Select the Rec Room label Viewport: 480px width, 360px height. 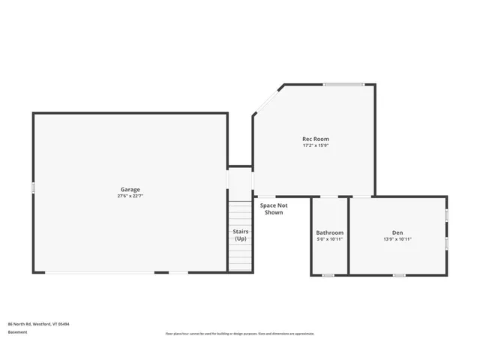click(315, 139)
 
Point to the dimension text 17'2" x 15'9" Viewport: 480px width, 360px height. click(315, 145)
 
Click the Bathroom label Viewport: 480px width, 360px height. click(329, 232)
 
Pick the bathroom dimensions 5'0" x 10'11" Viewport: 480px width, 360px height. click(329, 239)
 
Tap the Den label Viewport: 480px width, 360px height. click(397, 232)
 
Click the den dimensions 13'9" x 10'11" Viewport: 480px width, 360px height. click(397, 239)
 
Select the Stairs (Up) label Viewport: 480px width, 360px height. click(240, 235)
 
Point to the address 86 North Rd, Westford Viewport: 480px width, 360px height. click(39, 324)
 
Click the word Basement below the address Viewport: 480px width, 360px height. click(17, 331)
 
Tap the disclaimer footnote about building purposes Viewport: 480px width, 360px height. click(240, 334)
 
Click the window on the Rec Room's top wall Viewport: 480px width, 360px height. click(343, 84)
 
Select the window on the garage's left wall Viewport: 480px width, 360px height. click(33, 187)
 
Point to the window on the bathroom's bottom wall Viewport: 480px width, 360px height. click(328, 275)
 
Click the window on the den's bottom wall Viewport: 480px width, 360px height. click(399, 275)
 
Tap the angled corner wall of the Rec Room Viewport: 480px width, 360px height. click(268, 99)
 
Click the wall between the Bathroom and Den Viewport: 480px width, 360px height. click(349, 235)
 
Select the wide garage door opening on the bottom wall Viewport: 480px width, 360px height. click(100, 273)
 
